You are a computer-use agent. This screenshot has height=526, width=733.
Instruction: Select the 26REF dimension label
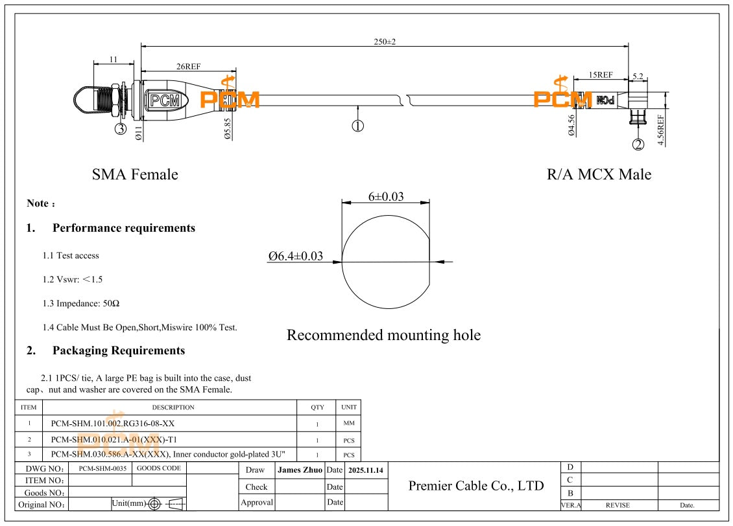[x=188, y=66]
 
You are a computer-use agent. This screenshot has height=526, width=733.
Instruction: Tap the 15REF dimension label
[x=600, y=75]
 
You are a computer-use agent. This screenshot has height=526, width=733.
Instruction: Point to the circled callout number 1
[x=357, y=126]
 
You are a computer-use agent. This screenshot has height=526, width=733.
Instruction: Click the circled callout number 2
[x=638, y=144]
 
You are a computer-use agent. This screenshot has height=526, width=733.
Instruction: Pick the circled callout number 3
[x=121, y=129]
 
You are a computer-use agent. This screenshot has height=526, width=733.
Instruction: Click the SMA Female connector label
[x=135, y=174]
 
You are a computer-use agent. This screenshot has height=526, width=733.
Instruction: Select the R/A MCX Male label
[x=599, y=174]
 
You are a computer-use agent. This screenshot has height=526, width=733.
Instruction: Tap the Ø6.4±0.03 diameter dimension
[x=296, y=256]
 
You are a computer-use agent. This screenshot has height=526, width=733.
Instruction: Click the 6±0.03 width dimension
[x=386, y=196]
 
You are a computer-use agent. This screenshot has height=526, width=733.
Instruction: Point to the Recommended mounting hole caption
[x=383, y=335]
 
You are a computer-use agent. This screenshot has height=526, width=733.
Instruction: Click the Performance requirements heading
[x=123, y=228]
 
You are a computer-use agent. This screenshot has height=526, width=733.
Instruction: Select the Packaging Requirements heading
[x=119, y=350]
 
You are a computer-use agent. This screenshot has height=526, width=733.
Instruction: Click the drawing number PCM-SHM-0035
[x=99, y=468]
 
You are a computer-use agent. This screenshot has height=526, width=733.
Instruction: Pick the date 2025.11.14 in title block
[x=365, y=470]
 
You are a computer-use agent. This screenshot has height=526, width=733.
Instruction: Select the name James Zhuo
[x=300, y=470]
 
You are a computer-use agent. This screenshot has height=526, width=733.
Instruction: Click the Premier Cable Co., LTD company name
[x=476, y=486]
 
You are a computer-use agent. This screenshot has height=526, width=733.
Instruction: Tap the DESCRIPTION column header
[x=173, y=407]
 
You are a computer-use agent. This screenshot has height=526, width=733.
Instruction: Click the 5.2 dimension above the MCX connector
[x=638, y=76]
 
